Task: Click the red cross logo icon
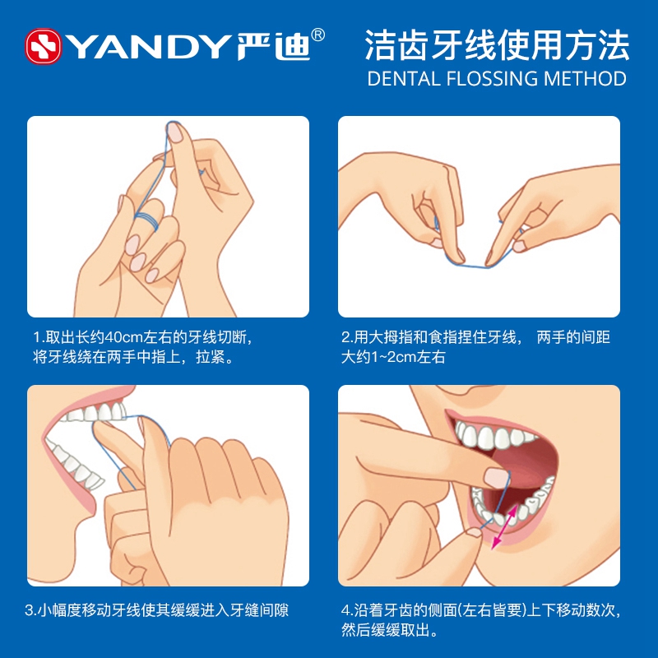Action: [44, 46]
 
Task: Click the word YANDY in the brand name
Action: [148, 47]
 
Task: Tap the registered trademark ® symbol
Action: [318, 35]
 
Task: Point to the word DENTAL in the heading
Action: [404, 78]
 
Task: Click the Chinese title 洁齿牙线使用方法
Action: [497, 45]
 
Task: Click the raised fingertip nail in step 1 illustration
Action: [174, 132]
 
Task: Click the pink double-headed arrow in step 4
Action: [504, 526]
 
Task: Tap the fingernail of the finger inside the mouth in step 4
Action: [497, 479]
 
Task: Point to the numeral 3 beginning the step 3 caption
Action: [29, 610]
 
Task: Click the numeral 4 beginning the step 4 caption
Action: [345, 610]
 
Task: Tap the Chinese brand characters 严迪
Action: [273, 46]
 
